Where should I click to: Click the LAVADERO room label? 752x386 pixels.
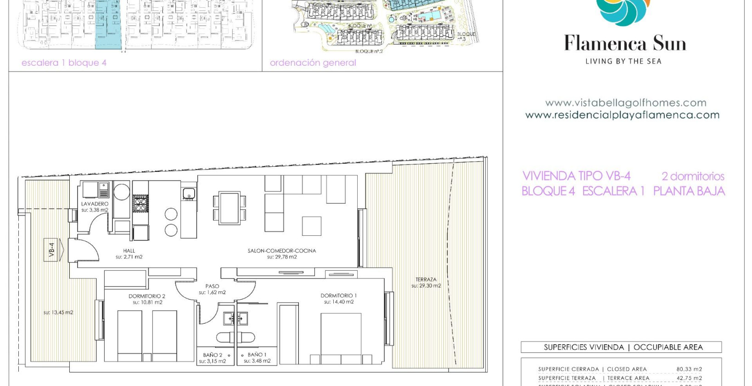click(x=95, y=204)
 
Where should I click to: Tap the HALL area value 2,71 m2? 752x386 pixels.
click(x=129, y=257)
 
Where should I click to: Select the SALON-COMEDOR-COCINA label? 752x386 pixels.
click(x=281, y=251)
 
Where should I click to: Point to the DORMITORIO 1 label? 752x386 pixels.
click(x=338, y=295)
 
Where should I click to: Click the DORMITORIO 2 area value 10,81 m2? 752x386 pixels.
click(x=147, y=303)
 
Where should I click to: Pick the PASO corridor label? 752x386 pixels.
click(x=212, y=286)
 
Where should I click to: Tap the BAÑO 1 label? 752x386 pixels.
click(x=257, y=355)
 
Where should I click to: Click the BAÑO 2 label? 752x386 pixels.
click(x=213, y=355)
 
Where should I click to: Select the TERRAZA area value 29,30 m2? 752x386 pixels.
click(x=426, y=286)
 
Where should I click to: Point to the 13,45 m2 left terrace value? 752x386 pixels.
click(x=58, y=312)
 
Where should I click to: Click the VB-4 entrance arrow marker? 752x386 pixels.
click(x=54, y=250)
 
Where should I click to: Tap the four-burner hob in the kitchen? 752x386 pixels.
click(x=140, y=204)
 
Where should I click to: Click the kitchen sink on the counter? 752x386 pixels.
click(x=189, y=194)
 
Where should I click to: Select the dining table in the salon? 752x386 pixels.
click(x=229, y=208)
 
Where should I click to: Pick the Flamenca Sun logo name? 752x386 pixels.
click(x=624, y=44)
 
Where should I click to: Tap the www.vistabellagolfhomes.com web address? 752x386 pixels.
click(x=625, y=103)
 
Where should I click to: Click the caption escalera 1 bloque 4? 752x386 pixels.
click(x=64, y=63)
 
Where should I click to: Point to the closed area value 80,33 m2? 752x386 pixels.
click(x=689, y=369)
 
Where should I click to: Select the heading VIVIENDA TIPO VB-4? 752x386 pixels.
click(x=576, y=176)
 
